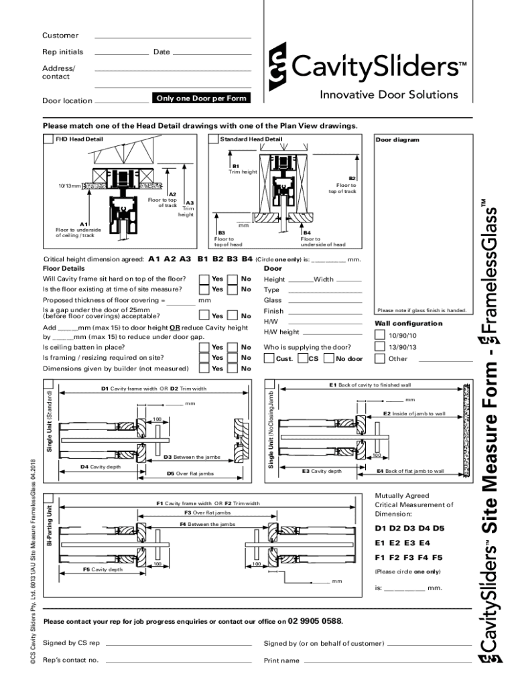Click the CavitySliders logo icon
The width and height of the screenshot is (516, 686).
pos(277,67)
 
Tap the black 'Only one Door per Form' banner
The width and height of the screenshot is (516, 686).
pos(201,98)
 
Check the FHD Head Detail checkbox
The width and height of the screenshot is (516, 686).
pos(48,139)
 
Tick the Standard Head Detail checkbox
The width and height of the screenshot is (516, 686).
pos(214,139)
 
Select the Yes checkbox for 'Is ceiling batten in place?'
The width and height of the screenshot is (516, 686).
pos(204,347)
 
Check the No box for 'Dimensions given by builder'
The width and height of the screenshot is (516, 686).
pos(232,368)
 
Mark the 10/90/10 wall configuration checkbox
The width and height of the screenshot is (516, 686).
pos(379,335)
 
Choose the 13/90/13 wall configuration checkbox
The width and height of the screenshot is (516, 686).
pos(379,347)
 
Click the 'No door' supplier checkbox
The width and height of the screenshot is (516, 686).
pos(328,358)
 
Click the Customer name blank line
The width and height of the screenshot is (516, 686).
pos(173,37)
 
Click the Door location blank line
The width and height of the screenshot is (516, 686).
pos(121,102)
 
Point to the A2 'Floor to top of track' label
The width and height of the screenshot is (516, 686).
pos(163,200)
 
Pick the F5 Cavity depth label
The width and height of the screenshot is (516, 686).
pos(103,569)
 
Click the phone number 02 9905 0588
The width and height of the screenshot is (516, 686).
pos(315,620)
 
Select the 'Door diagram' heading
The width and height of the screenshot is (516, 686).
pos(397,140)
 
